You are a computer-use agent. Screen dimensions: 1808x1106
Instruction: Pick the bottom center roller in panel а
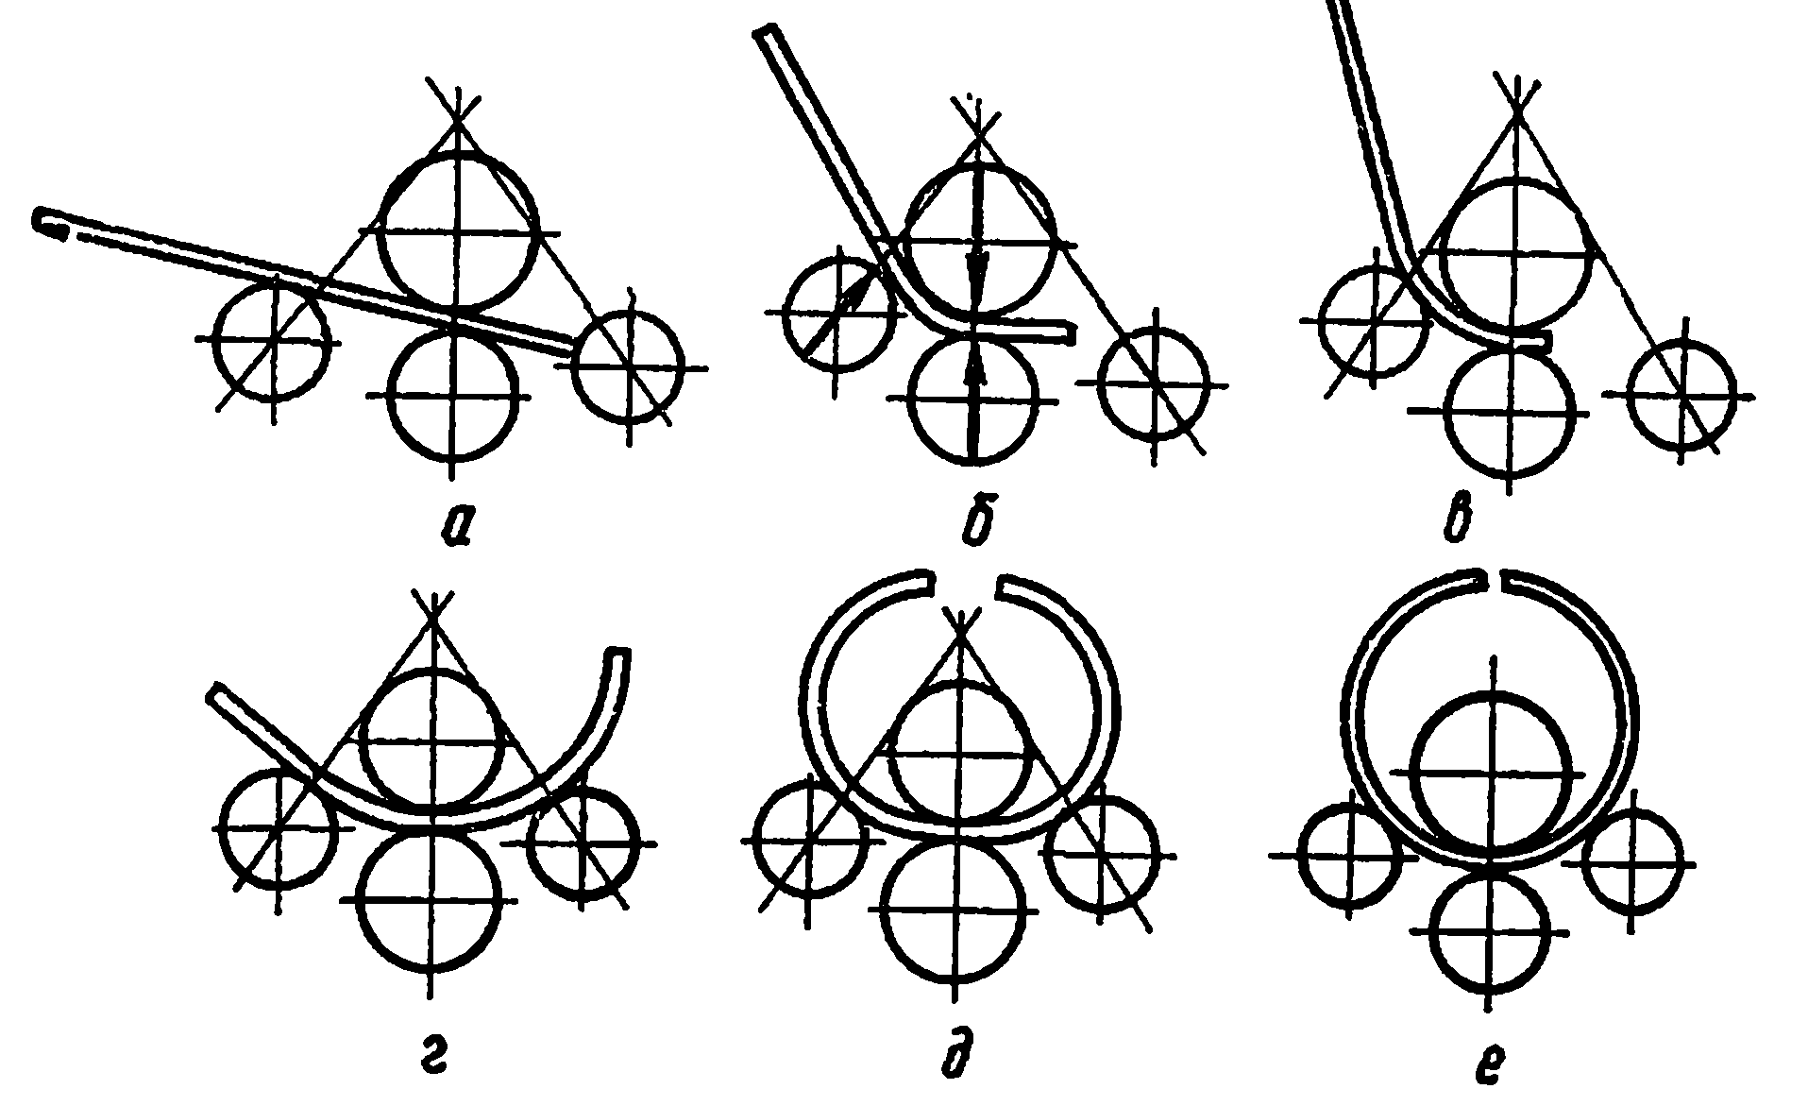(x=454, y=392)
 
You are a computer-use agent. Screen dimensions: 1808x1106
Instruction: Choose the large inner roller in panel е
(x=1492, y=773)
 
